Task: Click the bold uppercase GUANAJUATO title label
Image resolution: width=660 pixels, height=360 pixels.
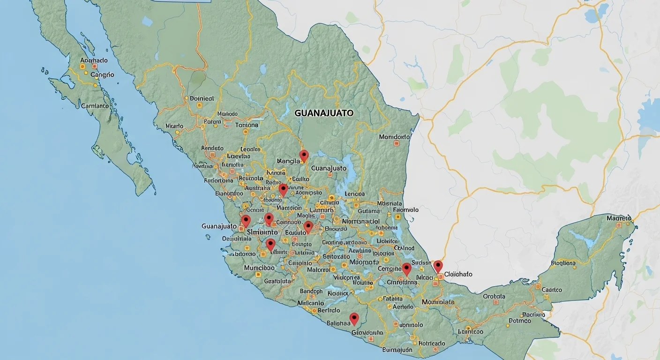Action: (324, 113)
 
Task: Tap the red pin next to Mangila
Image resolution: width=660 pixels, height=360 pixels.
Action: (304, 155)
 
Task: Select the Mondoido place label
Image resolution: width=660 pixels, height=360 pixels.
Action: (395, 137)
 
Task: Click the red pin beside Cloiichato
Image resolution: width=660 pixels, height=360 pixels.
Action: (438, 266)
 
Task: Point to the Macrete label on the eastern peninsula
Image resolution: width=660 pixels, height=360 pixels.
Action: (619, 218)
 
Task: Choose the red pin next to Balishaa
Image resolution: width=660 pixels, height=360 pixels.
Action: (354, 318)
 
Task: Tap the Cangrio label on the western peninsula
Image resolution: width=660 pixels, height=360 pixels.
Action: (102, 75)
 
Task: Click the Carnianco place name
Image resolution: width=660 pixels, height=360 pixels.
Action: (95, 106)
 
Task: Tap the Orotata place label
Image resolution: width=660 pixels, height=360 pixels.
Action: (494, 296)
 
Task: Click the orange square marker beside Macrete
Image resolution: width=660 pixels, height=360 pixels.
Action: (619, 225)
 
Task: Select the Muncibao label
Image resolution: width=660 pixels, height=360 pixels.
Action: (259, 268)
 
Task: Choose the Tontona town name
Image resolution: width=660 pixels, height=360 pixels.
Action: (247, 125)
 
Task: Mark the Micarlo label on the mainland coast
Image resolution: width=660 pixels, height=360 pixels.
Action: (174, 126)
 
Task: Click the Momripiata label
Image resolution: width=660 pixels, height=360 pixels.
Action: (438, 302)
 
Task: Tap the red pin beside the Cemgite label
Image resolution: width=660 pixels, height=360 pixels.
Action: (406, 269)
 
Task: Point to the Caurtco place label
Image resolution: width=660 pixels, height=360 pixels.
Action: (552, 290)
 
